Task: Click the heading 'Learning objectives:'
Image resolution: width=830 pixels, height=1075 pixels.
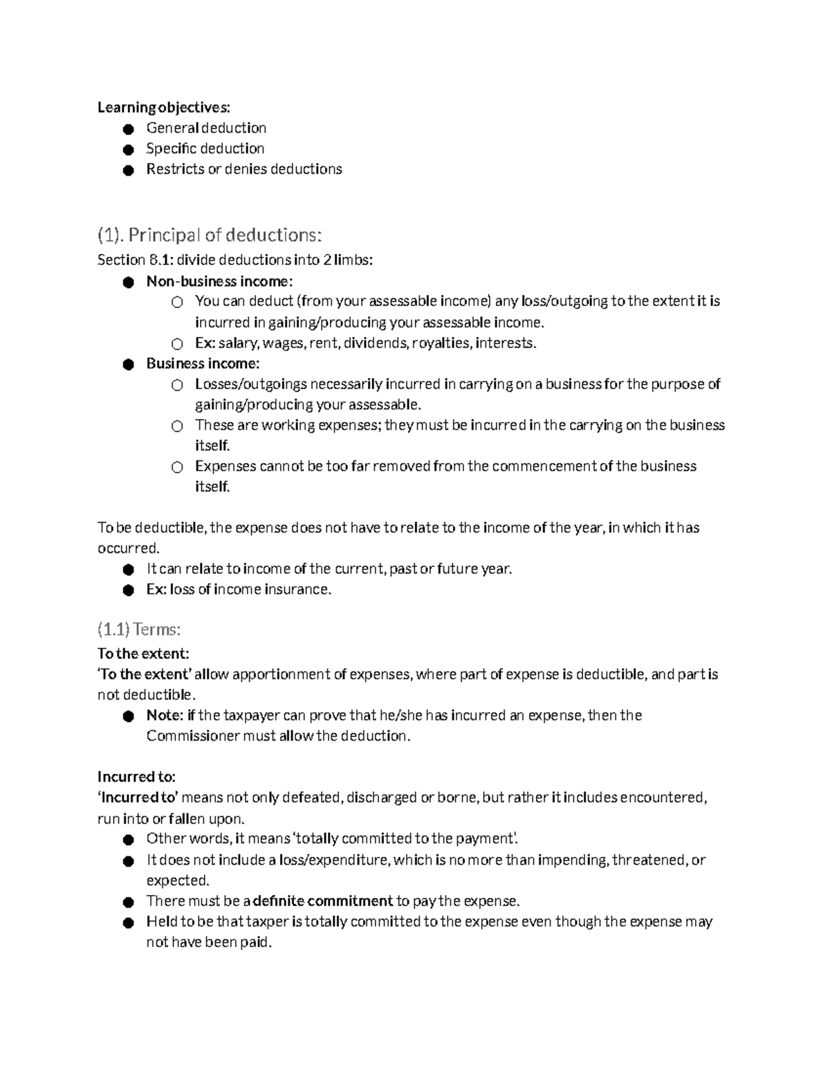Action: (163, 107)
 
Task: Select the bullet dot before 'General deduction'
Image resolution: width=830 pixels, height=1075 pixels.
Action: (127, 129)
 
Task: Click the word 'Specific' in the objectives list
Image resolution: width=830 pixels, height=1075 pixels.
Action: (170, 149)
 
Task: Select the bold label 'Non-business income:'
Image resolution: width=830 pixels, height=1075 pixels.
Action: (219, 281)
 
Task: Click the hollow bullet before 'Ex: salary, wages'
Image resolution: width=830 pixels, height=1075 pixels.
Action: (177, 343)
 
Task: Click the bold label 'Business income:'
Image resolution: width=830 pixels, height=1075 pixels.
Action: (203, 363)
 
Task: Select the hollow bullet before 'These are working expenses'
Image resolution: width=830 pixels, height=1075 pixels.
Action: (177, 426)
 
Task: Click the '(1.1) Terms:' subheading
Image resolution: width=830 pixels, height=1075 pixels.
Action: (139, 629)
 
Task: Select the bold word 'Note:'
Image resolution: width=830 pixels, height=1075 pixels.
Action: (165, 716)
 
